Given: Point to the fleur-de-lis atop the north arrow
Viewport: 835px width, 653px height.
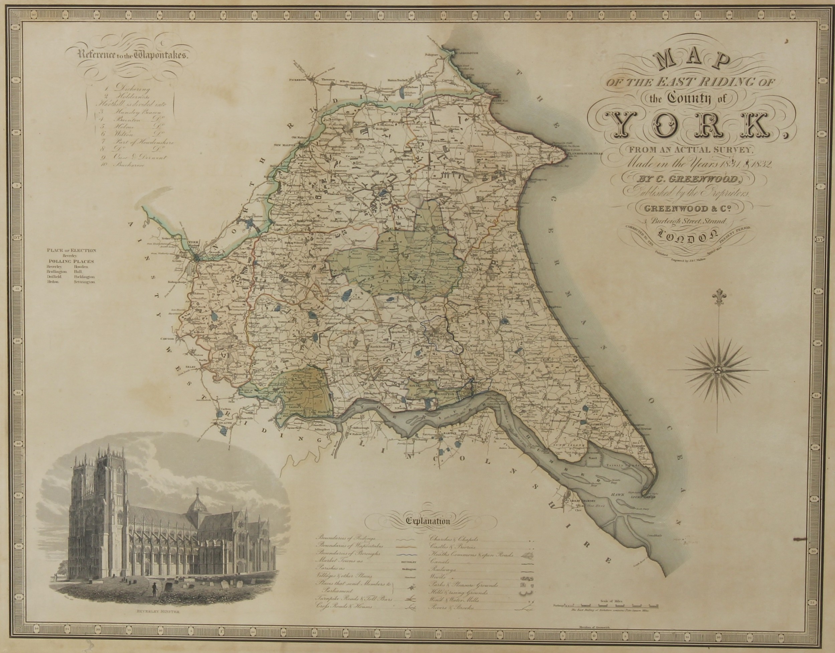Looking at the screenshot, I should click(x=717, y=296).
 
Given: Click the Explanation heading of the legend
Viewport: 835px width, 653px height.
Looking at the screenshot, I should click(x=428, y=521).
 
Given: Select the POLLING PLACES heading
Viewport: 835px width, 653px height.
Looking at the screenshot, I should click(x=71, y=261).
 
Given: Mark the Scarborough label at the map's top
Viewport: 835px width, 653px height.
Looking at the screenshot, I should click(x=465, y=53).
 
